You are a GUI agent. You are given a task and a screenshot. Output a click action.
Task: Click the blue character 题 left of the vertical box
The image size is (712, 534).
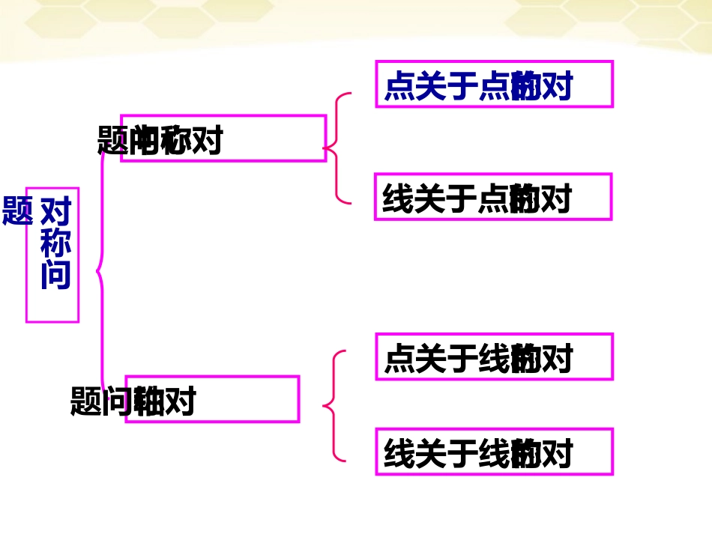17,210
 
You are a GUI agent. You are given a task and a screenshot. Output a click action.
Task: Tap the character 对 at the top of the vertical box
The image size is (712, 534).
55,211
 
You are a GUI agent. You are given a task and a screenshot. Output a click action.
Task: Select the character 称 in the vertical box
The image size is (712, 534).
55,243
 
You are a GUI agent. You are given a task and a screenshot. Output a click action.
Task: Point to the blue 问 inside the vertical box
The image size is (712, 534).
55,274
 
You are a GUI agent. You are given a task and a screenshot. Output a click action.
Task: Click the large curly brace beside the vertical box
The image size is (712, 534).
100,270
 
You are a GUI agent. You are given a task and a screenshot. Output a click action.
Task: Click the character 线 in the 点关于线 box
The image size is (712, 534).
492,359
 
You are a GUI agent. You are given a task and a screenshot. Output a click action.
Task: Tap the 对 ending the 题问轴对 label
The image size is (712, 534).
179,401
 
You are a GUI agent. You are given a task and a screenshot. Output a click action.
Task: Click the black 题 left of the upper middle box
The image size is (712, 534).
113,140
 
